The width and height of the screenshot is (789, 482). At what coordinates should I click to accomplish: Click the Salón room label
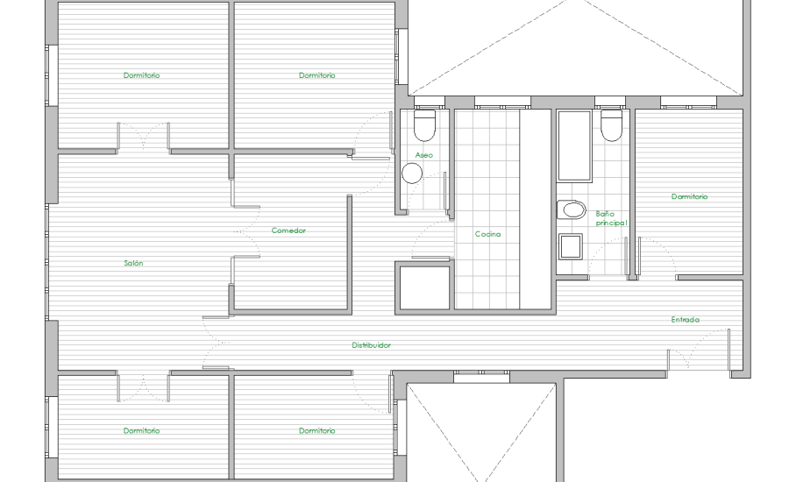[x=133, y=263]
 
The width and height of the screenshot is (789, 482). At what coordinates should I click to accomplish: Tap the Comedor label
[x=288, y=230]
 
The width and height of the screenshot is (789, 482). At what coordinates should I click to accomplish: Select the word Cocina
[x=487, y=234]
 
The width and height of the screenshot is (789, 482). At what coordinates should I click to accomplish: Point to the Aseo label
[x=423, y=155]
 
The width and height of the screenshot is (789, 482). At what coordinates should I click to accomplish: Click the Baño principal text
[x=611, y=218]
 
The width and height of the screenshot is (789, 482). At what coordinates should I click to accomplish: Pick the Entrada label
[x=685, y=320]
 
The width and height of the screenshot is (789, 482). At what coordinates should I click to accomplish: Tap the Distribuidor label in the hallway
[x=371, y=345]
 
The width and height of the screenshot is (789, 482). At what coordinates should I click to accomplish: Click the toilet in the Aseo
[x=424, y=124]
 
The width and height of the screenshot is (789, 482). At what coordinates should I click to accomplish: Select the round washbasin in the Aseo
[x=412, y=173]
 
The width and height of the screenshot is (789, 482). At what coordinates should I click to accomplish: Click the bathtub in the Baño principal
[x=574, y=145]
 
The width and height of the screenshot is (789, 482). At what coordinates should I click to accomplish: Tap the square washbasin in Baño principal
[x=571, y=246]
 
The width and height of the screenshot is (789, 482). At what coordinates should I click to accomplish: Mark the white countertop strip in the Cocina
[x=536, y=209]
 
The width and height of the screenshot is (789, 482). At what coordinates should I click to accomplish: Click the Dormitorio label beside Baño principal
[x=689, y=196]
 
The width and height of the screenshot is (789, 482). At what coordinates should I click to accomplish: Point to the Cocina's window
[x=502, y=103]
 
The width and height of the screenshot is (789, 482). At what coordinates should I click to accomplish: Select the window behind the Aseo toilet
[x=430, y=103]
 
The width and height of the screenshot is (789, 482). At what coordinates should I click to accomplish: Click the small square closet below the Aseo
[x=424, y=287]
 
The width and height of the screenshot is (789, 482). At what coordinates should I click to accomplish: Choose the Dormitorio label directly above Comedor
[x=317, y=75]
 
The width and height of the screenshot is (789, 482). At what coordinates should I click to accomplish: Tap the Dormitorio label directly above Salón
[x=141, y=75]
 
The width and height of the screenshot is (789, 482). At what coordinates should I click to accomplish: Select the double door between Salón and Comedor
[x=245, y=231]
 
